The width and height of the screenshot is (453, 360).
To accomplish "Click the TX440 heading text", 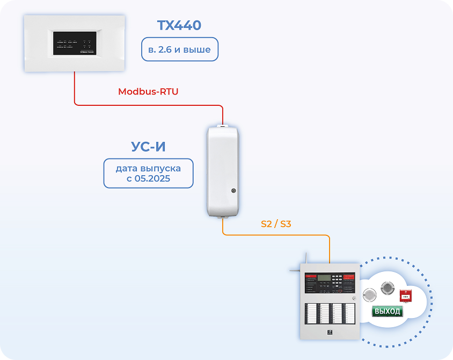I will pyautogui.click(x=179, y=25).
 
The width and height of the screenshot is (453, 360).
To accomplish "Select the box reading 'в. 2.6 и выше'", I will pyautogui.click(x=179, y=50).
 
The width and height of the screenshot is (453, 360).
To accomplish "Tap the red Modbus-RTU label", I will pyautogui.click(x=148, y=91).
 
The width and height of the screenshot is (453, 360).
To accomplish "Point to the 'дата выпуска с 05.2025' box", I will pyautogui.click(x=148, y=173).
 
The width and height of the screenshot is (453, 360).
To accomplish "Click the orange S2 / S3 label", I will pyautogui.click(x=276, y=224).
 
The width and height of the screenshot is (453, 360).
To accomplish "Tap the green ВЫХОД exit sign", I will pyautogui.click(x=388, y=311).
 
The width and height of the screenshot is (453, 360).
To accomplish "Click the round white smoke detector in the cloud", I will pyautogui.click(x=370, y=294).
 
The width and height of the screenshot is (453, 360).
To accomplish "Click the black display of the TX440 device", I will pyautogui.click(x=75, y=42).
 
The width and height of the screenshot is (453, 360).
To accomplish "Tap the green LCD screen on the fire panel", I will pyautogui.click(x=324, y=278).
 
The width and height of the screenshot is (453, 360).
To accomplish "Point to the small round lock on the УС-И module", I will pyautogui.click(x=233, y=190).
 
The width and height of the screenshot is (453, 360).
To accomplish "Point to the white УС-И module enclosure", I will pyautogui.click(x=222, y=171).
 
